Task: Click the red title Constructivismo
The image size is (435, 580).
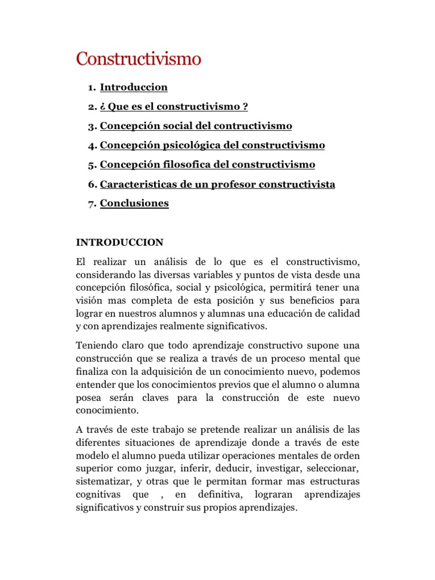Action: pos(139,59)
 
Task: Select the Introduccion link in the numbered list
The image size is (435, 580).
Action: pos(134,87)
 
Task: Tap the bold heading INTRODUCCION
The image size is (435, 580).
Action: pos(120,242)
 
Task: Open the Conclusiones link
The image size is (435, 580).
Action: pos(134,203)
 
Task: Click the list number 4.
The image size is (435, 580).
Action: pos(91,146)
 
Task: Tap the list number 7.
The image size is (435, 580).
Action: pos(91,204)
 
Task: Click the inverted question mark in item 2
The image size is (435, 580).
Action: pos(103,106)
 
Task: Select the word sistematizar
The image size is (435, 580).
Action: pos(104,482)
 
